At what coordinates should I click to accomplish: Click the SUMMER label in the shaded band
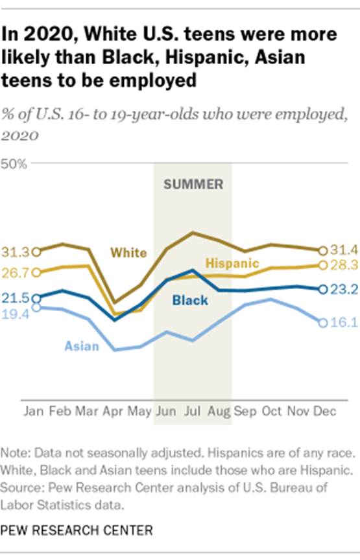point(193,184)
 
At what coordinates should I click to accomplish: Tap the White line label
point(128,253)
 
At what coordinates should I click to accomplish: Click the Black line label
point(190,300)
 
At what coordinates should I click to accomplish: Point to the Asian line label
point(82,346)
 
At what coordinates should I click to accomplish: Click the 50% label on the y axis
point(14,164)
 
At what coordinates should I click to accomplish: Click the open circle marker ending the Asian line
point(322,322)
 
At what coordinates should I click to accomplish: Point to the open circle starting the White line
point(36,251)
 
